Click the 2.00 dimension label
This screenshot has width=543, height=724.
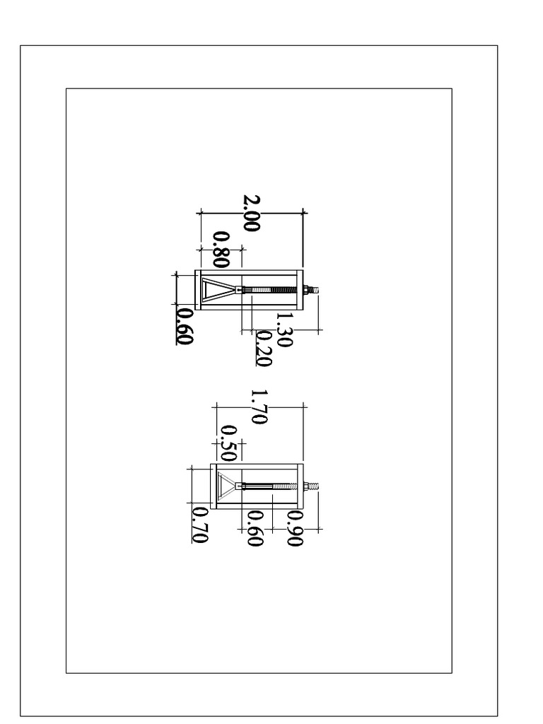(x=252, y=213)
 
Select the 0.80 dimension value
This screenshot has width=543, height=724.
(x=221, y=250)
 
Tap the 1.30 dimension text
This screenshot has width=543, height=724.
(x=284, y=329)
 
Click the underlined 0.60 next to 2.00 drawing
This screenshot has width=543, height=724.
(x=185, y=326)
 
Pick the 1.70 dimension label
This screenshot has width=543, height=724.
(x=259, y=407)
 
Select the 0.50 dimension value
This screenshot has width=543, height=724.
(x=228, y=443)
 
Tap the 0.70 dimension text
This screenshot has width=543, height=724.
(x=200, y=525)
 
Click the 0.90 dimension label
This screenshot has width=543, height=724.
(x=295, y=528)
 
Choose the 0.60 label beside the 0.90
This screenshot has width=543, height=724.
(x=255, y=528)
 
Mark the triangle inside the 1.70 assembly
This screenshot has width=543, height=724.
(x=227, y=486)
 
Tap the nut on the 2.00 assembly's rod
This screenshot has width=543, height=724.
(x=306, y=290)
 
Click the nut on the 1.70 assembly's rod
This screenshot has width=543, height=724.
(x=306, y=486)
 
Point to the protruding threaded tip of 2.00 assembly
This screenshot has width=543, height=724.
(x=314, y=290)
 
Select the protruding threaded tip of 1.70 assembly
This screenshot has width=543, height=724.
(x=314, y=486)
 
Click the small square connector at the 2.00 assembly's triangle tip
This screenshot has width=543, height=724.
(x=239, y=290)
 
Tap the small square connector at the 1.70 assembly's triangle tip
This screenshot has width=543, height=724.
(x=239, y=486)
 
